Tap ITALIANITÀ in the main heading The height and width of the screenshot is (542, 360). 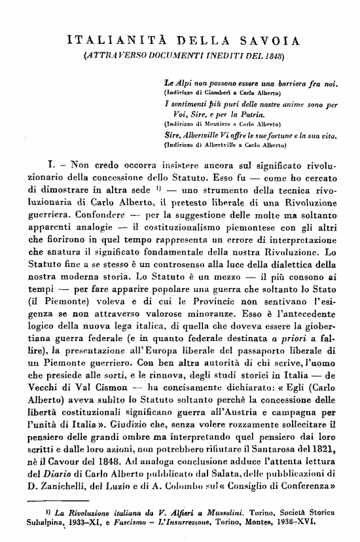(108, 43)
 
